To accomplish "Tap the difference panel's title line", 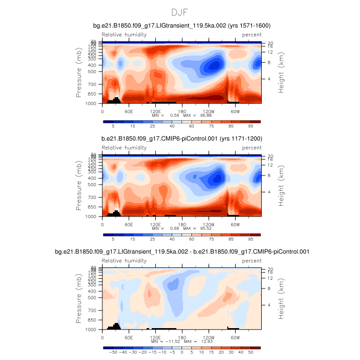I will (x=182, y=251).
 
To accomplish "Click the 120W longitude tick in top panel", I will (x=209, y=111).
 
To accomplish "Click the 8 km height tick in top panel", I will (x=269, y=62).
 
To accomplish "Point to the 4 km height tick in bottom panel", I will (x=269, y=304).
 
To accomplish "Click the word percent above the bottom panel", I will (x=251, y=261).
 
